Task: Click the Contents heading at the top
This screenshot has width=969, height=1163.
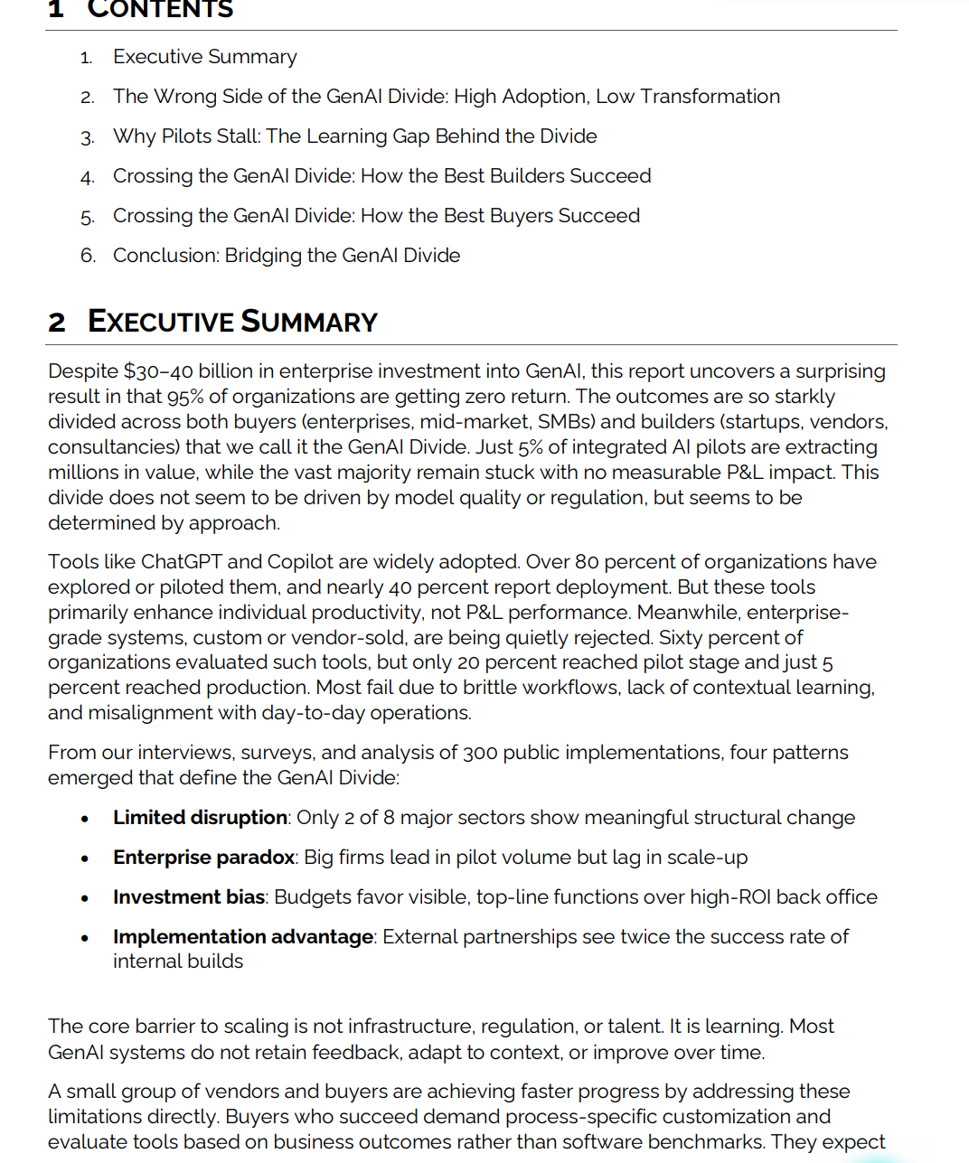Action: click(160, 10)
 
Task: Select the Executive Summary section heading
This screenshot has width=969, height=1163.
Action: click(232, 322)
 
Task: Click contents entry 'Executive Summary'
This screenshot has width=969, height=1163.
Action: click(205, 57)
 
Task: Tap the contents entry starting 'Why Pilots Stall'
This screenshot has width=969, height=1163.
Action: click(354, 136)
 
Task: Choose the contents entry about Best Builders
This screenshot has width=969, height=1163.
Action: click(381, 176)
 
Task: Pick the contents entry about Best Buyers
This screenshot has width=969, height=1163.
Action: click(376, 216)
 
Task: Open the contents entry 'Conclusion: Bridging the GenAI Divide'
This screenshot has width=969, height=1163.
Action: click(287, 256)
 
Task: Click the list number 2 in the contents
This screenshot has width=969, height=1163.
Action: click(87, 98)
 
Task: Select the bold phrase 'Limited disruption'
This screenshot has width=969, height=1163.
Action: click(200, 818)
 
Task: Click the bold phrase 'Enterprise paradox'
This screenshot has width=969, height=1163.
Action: click(204, 858)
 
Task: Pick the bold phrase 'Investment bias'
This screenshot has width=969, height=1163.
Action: click(189, 897)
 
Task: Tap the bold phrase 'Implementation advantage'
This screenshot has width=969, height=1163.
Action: click(243, 937)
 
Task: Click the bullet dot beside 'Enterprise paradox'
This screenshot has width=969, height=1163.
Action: click(85, 858)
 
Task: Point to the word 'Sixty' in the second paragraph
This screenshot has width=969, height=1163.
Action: click(682, 638)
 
